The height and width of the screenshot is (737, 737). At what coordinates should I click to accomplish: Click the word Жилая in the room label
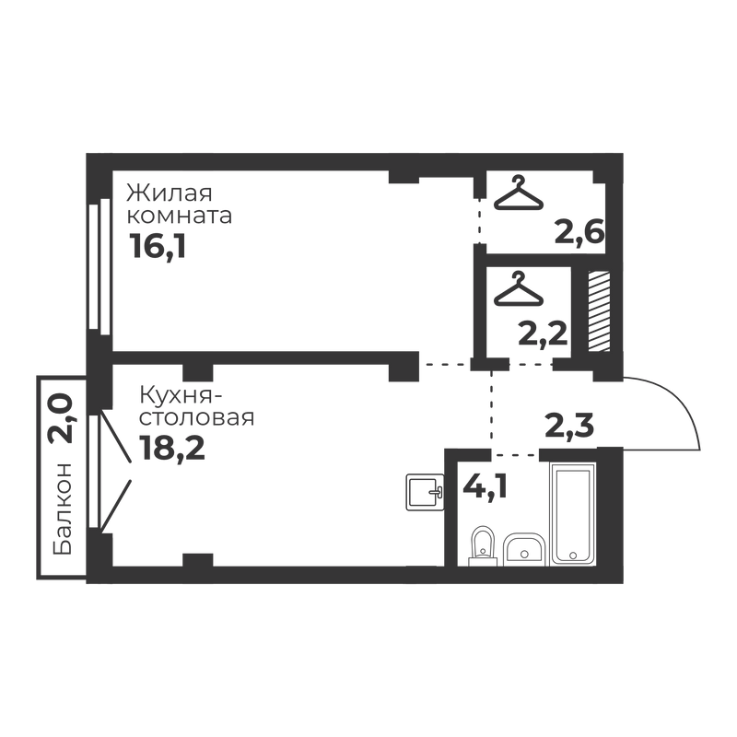(x=170, y=194)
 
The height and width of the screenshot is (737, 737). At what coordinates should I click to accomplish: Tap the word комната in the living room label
(x=179, y=218)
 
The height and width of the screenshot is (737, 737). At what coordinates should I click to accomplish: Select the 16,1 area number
(x=158, y=246)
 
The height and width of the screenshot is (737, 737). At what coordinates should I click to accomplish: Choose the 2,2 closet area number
(x=541, y=332)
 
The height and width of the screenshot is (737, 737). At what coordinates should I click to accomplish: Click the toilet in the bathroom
(x=481, y=544)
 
